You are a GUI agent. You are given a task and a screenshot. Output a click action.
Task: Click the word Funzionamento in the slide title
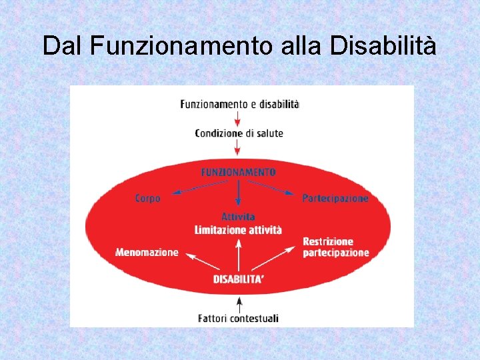(x=179, y=46)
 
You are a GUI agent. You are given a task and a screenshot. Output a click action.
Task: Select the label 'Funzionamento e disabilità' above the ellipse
(x=239, y=104)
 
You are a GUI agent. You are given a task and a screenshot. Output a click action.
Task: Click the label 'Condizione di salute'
(x=239, y=133)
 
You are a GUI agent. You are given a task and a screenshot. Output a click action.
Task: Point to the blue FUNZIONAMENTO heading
(x=238, y=172)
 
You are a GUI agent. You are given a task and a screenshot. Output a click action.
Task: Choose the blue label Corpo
(x=147, y=199)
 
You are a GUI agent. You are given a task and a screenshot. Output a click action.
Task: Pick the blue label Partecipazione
(x=335, y=199)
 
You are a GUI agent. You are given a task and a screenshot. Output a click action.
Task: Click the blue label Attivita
(x=238, y=217)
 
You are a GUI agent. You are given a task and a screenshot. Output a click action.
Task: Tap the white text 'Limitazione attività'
(x=238, y=230)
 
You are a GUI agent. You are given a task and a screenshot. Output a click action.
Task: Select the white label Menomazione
(x=147, y=253)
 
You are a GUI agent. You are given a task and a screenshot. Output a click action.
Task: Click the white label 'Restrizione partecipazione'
(x=335, y=247)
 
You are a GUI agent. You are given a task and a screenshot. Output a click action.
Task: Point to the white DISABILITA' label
(x=238, y=279)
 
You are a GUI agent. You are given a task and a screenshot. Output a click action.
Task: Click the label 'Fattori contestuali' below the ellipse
(x=238, y=319)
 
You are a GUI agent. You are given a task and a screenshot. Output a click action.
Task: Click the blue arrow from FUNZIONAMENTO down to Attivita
(x=238, y=194)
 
